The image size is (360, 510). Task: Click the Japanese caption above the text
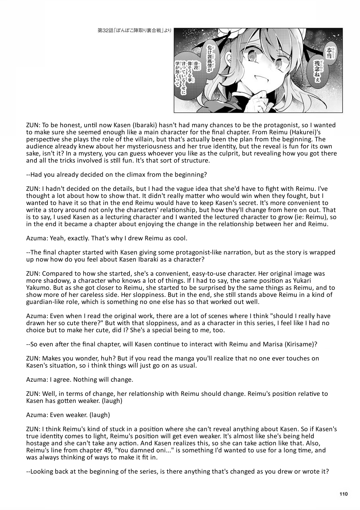click(x=134, y=31)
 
